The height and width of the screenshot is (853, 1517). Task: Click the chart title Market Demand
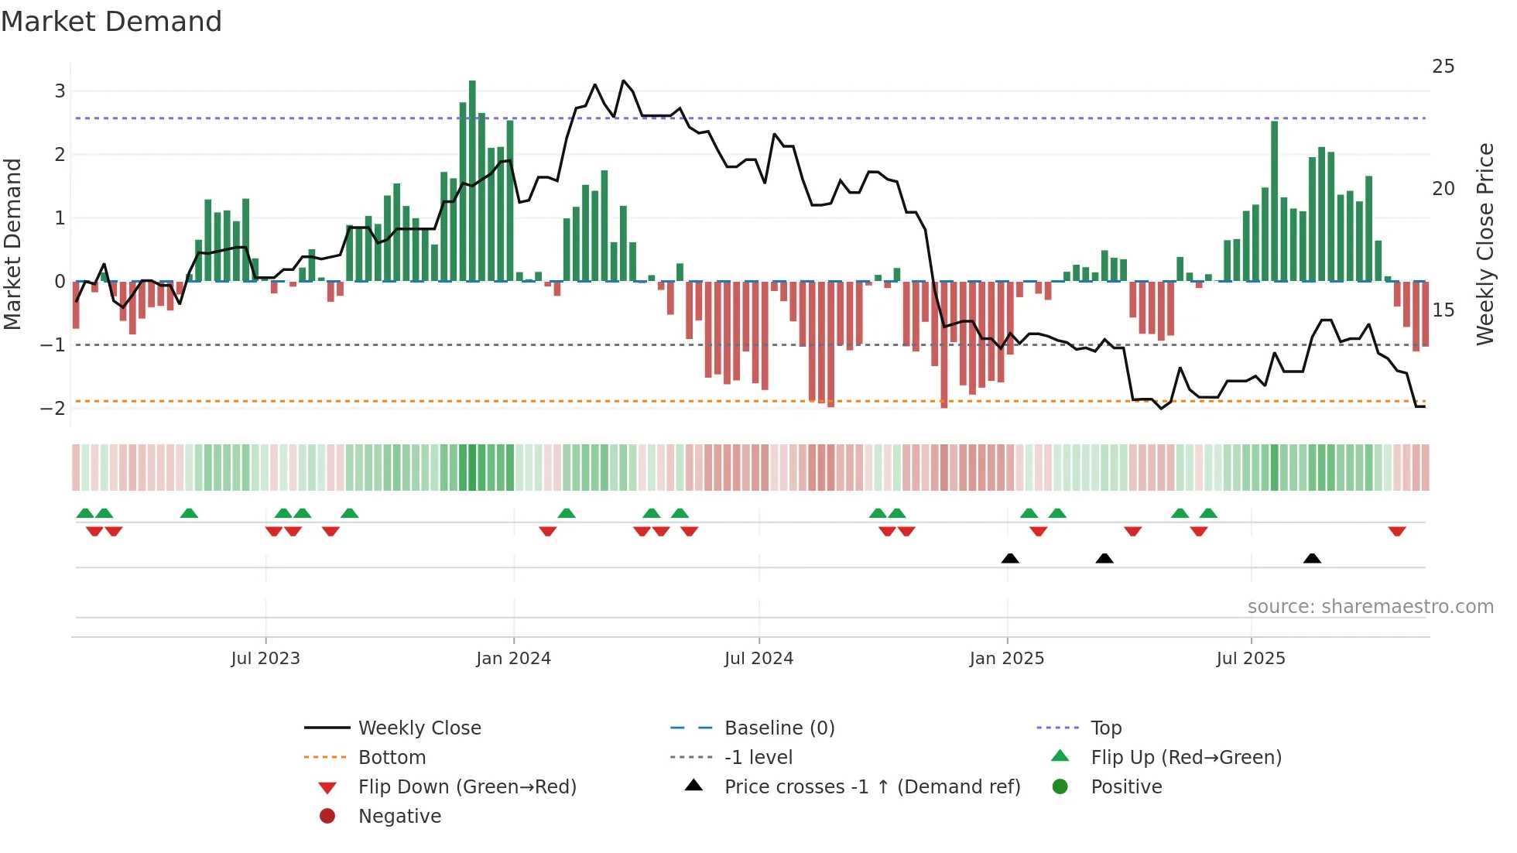pyautogui.click(x=111, y=22)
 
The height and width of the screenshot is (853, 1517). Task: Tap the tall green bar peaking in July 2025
pyautogui.click(x=1274, y=201)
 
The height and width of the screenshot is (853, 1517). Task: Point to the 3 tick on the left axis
pyautogui.click(x=60, y=91)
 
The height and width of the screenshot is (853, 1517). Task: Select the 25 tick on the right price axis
pyautogui.click(x=1443, y=67)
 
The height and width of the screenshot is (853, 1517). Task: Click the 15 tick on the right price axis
pyautogui.click(x=1443, y=310)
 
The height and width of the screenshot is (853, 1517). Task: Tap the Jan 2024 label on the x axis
pyautogui.click(x=513, y=659)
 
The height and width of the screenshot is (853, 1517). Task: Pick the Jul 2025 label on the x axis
pyautogui.click(x=1250, y=659)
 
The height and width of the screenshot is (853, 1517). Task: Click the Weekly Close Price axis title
pyautogui.click(x=1484, y=244)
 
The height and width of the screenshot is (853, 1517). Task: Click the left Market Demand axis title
pyautogui.click(x=13, y=244)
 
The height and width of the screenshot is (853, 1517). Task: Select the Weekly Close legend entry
pyautogui.click(x=419, y=728)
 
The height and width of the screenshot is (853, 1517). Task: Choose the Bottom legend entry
pyautogui.click(x=392, y=758)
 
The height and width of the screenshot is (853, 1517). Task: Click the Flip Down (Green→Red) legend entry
pyautogui.click(x=467, y=787)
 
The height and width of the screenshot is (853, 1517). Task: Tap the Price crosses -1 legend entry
pyautogui.click(x=872, y=787)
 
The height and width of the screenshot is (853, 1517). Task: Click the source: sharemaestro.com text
pyautogui.click(x=1370, y=607)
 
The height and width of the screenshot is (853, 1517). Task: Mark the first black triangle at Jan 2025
pyautogui.click(x=1009, y=558)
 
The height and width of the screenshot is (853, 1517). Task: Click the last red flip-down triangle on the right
pyautogui.click(x=1396, y=531)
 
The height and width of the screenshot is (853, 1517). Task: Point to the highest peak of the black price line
pyautogui.click(x=624, y=81)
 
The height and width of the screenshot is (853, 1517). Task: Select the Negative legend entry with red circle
pyautogui.click(x=399, y=817)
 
